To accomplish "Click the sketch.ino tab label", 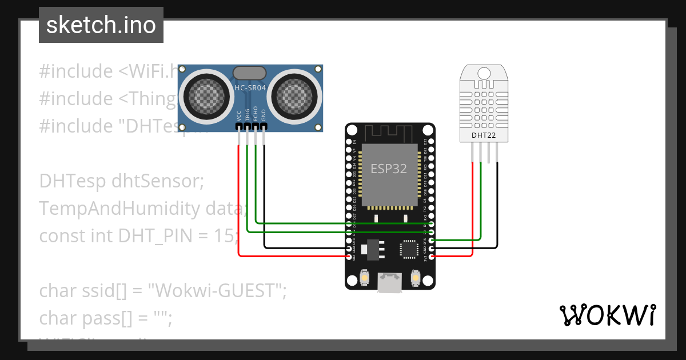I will pos(101,25).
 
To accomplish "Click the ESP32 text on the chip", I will pos(389,169).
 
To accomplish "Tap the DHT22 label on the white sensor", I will pos(484,135).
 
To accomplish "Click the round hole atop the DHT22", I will pos(484,73).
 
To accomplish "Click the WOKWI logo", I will pos(607,315).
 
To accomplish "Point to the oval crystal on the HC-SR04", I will pos(249,73).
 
